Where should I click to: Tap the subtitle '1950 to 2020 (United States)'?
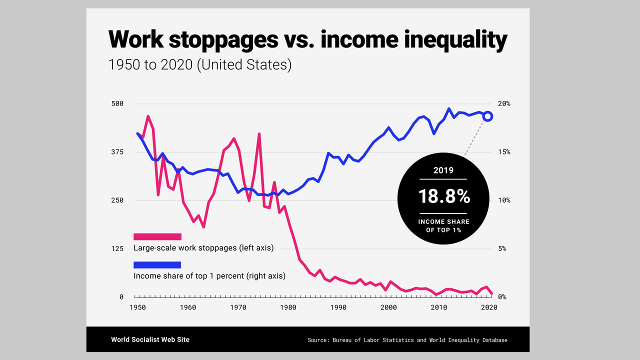[200, 65]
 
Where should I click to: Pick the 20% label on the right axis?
[504, 103]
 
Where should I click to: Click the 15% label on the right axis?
[504, 152]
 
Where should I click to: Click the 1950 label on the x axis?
[137, 307]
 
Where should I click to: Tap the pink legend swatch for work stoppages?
[157, 236]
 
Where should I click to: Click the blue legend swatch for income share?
[157, 265]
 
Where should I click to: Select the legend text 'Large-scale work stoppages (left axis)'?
[203, 248]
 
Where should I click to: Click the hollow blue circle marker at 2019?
[488, 116]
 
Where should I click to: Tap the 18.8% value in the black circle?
[444, 196]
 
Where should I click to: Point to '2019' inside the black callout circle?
[443, 170]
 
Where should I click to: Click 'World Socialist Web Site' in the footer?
[150, 339]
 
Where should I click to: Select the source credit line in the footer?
[407, 340]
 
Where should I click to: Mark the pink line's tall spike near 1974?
[259, 134]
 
